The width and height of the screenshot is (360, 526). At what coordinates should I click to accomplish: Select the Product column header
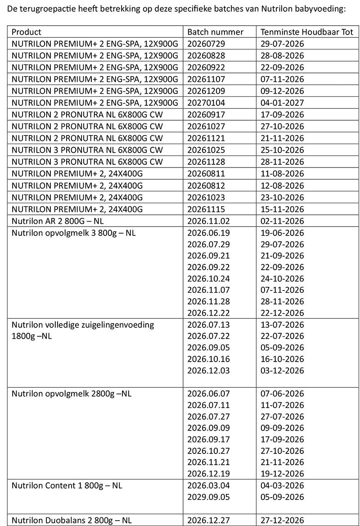[26, 32]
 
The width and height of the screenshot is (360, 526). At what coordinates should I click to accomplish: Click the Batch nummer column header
[215, 32]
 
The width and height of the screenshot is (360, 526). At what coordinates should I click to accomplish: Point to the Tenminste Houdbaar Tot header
[307, 32]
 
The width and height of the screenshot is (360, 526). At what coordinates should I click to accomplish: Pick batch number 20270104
[206, 103]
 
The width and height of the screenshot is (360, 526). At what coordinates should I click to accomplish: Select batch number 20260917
[206, 114]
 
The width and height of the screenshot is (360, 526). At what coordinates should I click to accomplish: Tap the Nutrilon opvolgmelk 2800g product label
[71, 394]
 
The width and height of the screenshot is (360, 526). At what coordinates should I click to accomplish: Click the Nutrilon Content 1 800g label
[67, 485]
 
